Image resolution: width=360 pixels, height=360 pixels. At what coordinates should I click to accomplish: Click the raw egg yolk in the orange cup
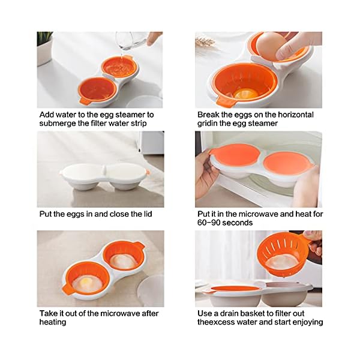(245, 94)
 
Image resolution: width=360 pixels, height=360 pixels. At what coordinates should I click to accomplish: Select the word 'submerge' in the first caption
(57, 124)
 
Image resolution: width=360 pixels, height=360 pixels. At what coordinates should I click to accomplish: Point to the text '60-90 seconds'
(225, 223)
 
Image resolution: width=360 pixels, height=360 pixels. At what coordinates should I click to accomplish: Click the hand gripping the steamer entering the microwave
(205, 174)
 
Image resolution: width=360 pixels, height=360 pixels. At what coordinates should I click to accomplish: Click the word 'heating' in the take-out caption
(53, 322)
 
